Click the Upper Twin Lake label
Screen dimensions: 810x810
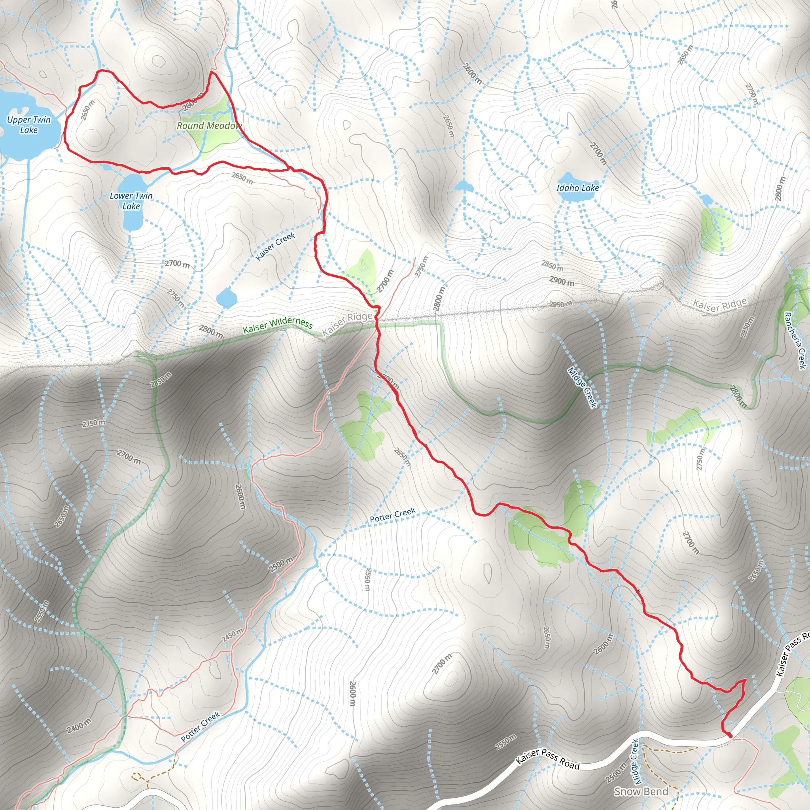tap(28, 125)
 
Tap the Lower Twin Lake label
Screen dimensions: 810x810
tap(131, 201)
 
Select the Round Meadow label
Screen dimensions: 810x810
tap(209, 126)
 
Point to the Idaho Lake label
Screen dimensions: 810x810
tap(577, 188)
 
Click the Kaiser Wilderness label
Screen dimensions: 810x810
tap(278, 325)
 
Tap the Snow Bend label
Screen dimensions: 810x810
tap(641, 791)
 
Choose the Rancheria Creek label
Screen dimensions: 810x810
tap(795, 341)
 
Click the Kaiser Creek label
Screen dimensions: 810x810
tap(275, 246)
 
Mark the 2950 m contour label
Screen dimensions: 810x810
tap(560, 305)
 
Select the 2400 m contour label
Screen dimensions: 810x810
tap(79, 726)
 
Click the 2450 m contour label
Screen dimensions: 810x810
tap(232, 635)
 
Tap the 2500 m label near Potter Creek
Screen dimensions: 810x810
tap(281, 565)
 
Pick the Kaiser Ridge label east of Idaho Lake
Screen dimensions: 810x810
tap(720, 305)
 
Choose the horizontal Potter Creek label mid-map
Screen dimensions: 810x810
tap(392, 515)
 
